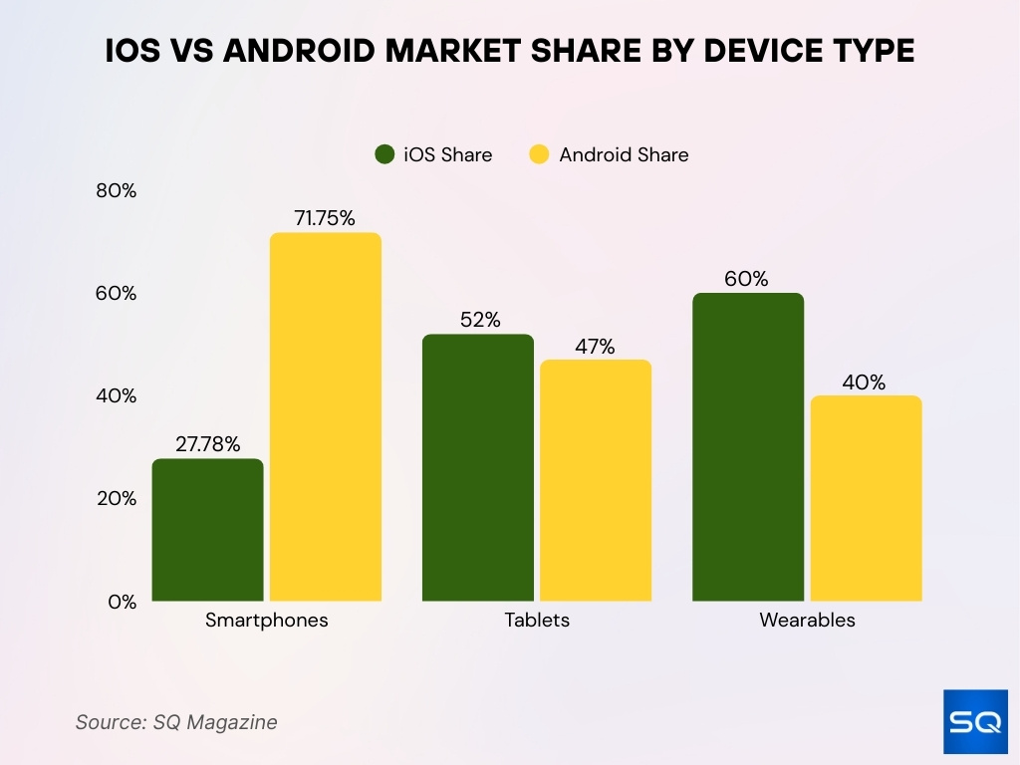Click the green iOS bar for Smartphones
coord(207,530)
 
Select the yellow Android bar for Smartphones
coord(326,417)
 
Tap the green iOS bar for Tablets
coord(478,468)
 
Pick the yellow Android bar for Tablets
coord(596,481)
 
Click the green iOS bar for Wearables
coord(748,447)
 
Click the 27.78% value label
coord(207,444)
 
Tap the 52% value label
coord(480,320)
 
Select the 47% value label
coord(595,347)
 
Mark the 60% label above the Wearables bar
coord(746,279)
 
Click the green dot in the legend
coord(385,154)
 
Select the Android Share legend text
coord(624,154)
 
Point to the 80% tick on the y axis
coord(116,191)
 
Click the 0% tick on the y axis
coord(123,602)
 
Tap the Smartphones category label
coord(267,620)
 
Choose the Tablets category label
coord(537,620)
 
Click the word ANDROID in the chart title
coord(306,52)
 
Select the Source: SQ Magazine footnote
coord(176,722)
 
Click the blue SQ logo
coord(975,721)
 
